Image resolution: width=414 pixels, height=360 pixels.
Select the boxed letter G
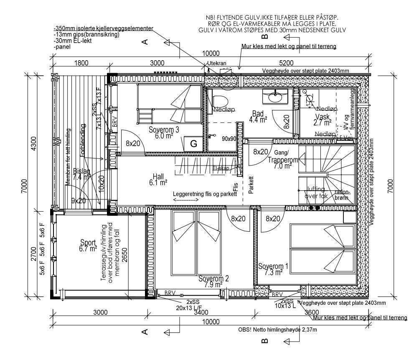193,144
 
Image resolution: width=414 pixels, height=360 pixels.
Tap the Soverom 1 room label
273,269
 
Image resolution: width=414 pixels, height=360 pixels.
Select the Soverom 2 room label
213,281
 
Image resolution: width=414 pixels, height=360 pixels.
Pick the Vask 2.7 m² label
323,120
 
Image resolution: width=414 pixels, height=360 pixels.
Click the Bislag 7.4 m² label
81,174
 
